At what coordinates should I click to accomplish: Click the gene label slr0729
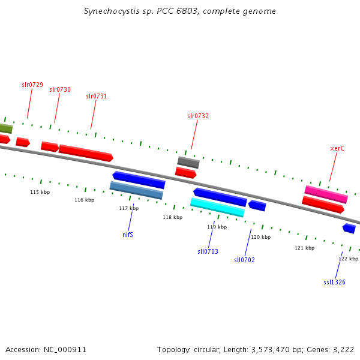point(32,85)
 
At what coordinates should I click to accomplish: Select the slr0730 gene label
point(60,89)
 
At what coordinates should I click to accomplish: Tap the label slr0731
point(97,96)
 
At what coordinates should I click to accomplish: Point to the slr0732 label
point(198,116)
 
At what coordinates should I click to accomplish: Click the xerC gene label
point(337,149)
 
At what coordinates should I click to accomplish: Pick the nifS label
point(128,235)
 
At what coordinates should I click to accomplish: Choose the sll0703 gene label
point(208,251)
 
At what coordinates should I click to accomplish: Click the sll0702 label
point(245,260)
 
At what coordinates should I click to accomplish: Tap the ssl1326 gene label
point(334,282)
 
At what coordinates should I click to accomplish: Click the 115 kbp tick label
point(40,192)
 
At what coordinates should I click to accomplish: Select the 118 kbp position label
point(173,217)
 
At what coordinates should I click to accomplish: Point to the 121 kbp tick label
point(305,248)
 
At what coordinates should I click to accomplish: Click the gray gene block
point(188,163)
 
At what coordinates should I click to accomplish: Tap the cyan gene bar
point(217,208)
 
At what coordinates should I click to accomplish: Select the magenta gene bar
point(326,194)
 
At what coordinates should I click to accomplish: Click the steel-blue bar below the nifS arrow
point(136,190)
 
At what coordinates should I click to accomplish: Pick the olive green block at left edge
point(6,128)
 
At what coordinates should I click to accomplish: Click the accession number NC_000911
point(65,350)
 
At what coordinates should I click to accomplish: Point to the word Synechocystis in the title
point(112,11)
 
